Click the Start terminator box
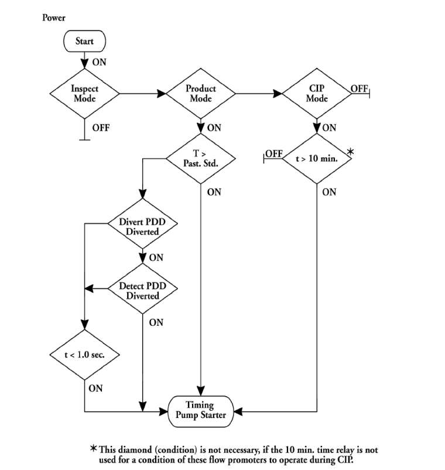pyautogui.click(x=84, y=42)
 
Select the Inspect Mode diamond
pyautogui.click(x=84, y=93)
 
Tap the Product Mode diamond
pyautogui.click(x=201, y=93)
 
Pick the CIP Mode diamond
pyautogui.click(x=317, y=93)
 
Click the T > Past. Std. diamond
pyautogui.click(x=201, y=158)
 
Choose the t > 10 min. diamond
pyautogui.click(x=317, y=158)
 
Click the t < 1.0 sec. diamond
pyautogui.click(x=84, y=355)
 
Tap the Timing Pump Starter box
pyautogui.click(x=200, y=410)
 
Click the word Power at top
pyautogui.click(x=54, y=18)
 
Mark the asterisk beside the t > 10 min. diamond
pyautogui.click(x=351, y=152)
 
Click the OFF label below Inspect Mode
pyautogui.click(x=100, y=127)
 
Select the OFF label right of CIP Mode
pyautogui.click(x=359, y=88)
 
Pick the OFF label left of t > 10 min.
pyautogui.click(x=274, y=154)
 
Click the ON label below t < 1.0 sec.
pyautogui.click(x=96, y=388)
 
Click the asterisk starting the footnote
pyautogui.click(x=93, y=449)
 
